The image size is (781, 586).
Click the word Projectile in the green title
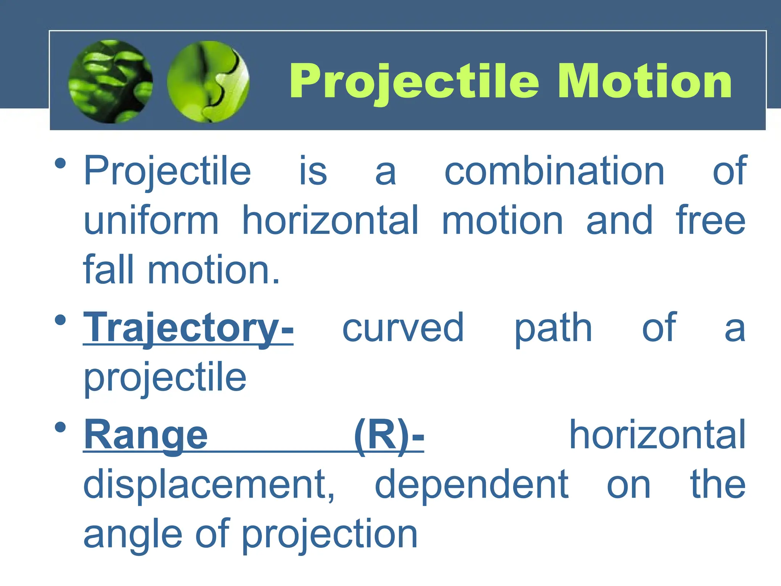click(x=414, y=81)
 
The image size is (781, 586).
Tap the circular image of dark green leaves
click(x=111, y=82)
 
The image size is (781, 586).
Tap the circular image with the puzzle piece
click(x=208, y=82)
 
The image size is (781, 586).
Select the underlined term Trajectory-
click(x=188, y=328)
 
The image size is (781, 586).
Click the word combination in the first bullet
click(x=554, y=171)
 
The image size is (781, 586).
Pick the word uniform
click(x=151, y=221)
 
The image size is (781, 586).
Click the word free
click(x=710, y=221)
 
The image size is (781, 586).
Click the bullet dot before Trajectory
click(x=60, y=320)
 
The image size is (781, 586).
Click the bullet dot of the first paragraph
click(x=60, y=163)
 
